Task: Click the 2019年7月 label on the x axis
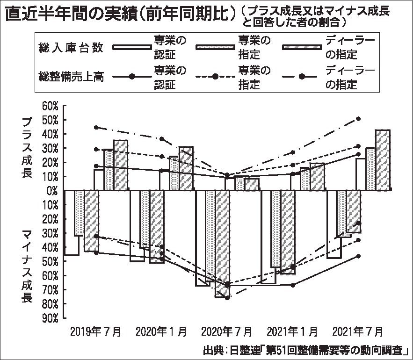(95, 331)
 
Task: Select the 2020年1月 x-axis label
(161, 331)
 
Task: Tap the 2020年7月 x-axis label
(227, 331)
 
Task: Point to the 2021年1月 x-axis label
(292, 331)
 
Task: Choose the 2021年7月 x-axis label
(358, 331)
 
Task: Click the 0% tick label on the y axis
(52, 191)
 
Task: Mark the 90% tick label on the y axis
(50, 318)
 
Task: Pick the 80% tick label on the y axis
(50, 304)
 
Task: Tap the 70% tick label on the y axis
(50, 290)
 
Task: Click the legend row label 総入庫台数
(71, 48)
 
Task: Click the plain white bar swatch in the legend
(132, 47)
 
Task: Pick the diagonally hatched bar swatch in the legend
(302, 47)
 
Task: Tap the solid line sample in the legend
(132, 77)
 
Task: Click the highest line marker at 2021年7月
(358, 119)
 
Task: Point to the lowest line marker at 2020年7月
(227, 298)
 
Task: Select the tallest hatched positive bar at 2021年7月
(383, 160)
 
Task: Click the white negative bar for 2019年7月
(72, 223)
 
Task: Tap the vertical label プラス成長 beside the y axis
(27, 147)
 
